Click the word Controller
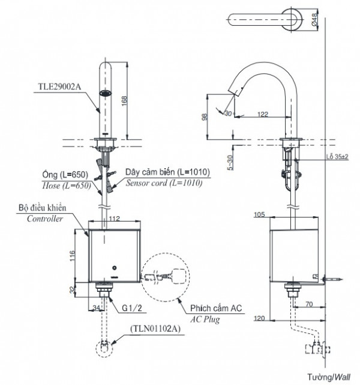46,219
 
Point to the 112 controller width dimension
115,219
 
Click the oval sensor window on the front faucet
106,94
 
